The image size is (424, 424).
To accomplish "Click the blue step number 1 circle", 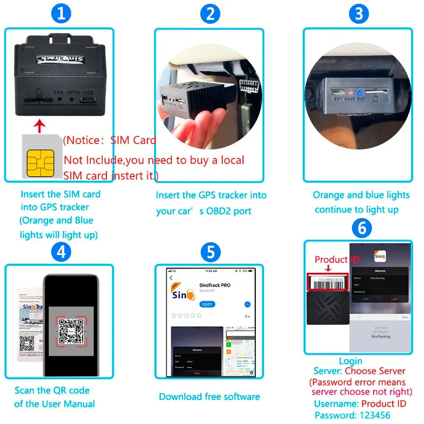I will (x=61, y=14).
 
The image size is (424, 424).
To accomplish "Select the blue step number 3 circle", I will (x=359, y=14).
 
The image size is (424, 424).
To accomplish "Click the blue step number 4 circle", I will (x=61, y=252).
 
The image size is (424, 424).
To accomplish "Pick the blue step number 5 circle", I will (x=210, y=252).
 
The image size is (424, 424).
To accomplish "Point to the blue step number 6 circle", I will (x=361, y=229).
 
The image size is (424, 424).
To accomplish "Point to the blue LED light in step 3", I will (x=359, y=92).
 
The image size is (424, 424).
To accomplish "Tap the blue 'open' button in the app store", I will (x=207, y=304).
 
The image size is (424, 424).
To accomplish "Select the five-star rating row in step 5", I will (x=186, y=316).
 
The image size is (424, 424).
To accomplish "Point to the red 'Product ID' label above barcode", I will (x=331, y=260).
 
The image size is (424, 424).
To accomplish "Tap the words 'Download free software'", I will (x=209, y=397).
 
